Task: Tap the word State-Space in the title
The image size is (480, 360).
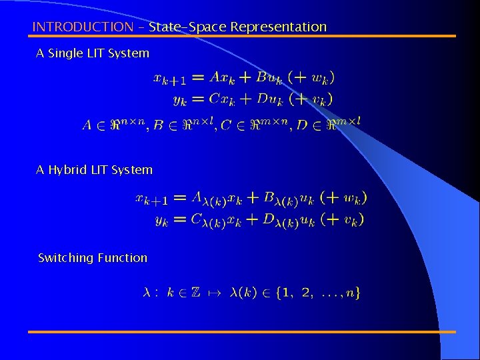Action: [188, 27]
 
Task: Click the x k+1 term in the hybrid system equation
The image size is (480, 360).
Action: [151, 199]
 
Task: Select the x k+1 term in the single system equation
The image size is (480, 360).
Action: [170, 79]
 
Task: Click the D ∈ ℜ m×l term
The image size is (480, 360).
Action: [327, 123]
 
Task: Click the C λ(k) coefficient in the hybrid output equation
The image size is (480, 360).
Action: [205, 221]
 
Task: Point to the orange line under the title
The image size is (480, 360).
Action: [244, 36]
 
